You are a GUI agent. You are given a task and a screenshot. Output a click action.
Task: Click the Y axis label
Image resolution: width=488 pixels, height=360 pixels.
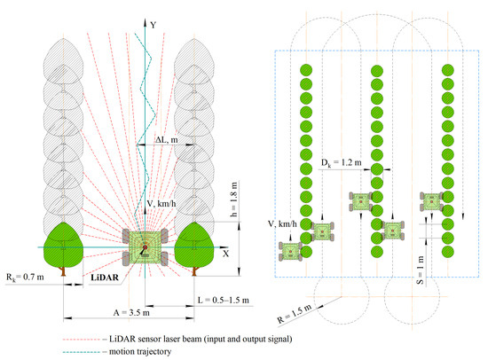[153, 25]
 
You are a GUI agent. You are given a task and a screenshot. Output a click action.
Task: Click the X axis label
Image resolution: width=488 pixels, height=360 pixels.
[225, 254]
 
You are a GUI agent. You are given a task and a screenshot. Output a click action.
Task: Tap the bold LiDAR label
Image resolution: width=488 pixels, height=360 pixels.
[105, 278]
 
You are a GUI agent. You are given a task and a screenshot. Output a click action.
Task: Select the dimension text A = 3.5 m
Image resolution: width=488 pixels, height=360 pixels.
[131, 312]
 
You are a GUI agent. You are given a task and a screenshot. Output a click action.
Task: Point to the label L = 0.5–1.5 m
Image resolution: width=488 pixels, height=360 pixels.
[224, 301]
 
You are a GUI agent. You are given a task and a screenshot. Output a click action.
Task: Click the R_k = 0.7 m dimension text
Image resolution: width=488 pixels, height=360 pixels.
[25, 277]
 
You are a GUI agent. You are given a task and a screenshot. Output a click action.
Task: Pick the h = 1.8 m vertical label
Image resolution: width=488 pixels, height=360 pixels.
[233, 199]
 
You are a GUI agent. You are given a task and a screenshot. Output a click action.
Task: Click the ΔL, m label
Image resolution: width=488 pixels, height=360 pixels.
[167, 140]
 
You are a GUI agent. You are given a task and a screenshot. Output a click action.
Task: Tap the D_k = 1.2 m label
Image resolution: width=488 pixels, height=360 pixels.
[342, 163]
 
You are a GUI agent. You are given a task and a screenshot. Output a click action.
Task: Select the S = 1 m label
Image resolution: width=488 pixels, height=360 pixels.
[420, 270]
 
